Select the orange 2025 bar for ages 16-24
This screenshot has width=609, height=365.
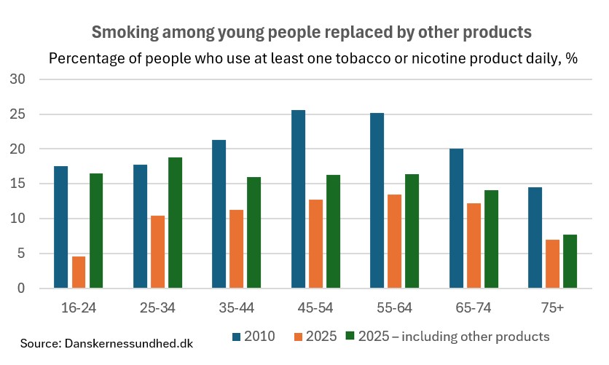tap(79, 272)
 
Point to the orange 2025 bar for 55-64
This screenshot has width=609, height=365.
tap(394, 241)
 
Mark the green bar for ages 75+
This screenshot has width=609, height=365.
tap(570, 262)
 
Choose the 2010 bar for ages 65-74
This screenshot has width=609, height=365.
tap(456, 219)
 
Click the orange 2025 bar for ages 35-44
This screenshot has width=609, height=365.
tap(236, 249)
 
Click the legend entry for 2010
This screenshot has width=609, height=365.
tap(255, 337)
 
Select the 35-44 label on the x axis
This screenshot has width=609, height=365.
tap(236, 308)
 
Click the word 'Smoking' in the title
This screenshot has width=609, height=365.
tap(122, 33)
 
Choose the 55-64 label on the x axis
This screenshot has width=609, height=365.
tap(394, 308)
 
